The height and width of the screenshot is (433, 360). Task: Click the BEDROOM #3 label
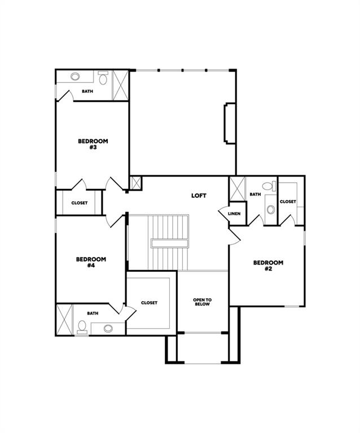click(93, 144)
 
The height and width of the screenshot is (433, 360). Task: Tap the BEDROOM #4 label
click(91, 262)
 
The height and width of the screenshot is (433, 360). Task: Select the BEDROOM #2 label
click(267, 266)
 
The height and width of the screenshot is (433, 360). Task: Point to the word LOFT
click(199, 196)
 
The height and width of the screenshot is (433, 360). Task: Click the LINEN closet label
click(234, 214)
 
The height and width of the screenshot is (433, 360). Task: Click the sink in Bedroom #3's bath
click(76, 77)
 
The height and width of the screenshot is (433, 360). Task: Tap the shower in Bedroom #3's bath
click(120, 85)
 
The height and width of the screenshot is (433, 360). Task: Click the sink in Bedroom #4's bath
click(107, 328)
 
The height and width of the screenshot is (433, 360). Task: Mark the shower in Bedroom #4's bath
click(64, 320)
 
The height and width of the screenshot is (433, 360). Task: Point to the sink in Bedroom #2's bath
click(270, 210)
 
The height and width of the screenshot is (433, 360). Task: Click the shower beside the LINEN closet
click(237, 189)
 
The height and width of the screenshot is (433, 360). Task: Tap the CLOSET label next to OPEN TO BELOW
click(149, 303)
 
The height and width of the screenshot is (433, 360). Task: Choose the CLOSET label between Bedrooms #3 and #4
click(80, 203)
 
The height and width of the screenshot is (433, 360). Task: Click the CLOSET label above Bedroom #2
click(288, 201)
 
